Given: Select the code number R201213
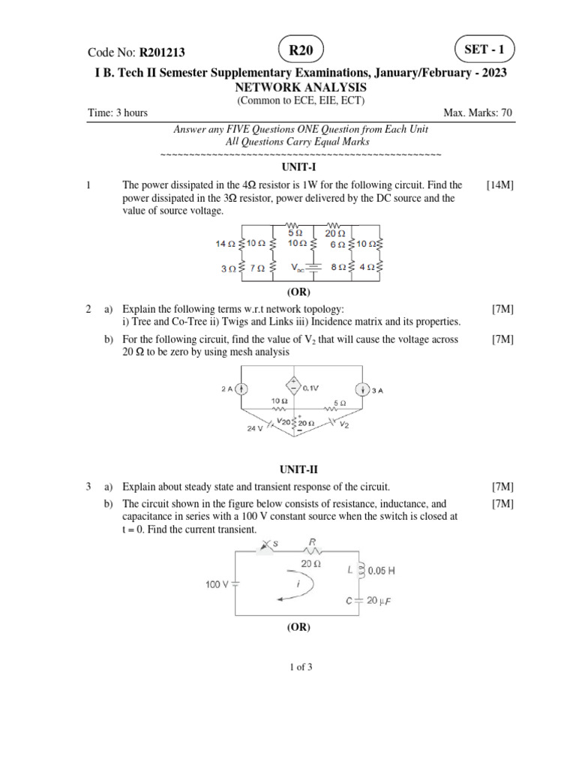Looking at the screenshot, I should (162, 52).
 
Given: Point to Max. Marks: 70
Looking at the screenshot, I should (478, 113).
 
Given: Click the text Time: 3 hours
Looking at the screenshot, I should (118, 113).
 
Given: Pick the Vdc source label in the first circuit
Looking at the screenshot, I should (297, 268).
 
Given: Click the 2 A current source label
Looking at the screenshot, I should (227, 389).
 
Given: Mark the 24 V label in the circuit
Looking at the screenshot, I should (254, 430).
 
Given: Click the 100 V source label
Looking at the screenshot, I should (218, 583).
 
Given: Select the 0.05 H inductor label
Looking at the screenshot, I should (379, 571).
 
